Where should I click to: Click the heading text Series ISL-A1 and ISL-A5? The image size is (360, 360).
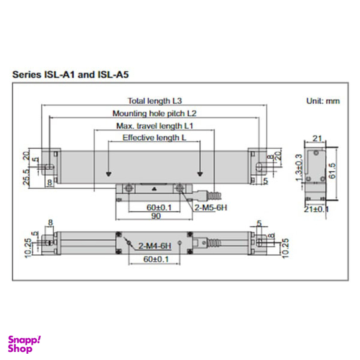coord(71,74)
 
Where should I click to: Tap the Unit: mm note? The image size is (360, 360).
coord(321,101)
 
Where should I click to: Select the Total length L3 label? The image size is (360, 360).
coord(154,101)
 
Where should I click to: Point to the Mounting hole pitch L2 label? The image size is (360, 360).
coord(154,114)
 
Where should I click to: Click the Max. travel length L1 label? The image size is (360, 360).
coord(154,126)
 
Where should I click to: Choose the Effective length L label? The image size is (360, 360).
coord(154,137)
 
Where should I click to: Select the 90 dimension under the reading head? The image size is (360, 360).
coord(155,216)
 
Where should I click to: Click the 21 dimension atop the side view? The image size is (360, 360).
coord(317,139)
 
